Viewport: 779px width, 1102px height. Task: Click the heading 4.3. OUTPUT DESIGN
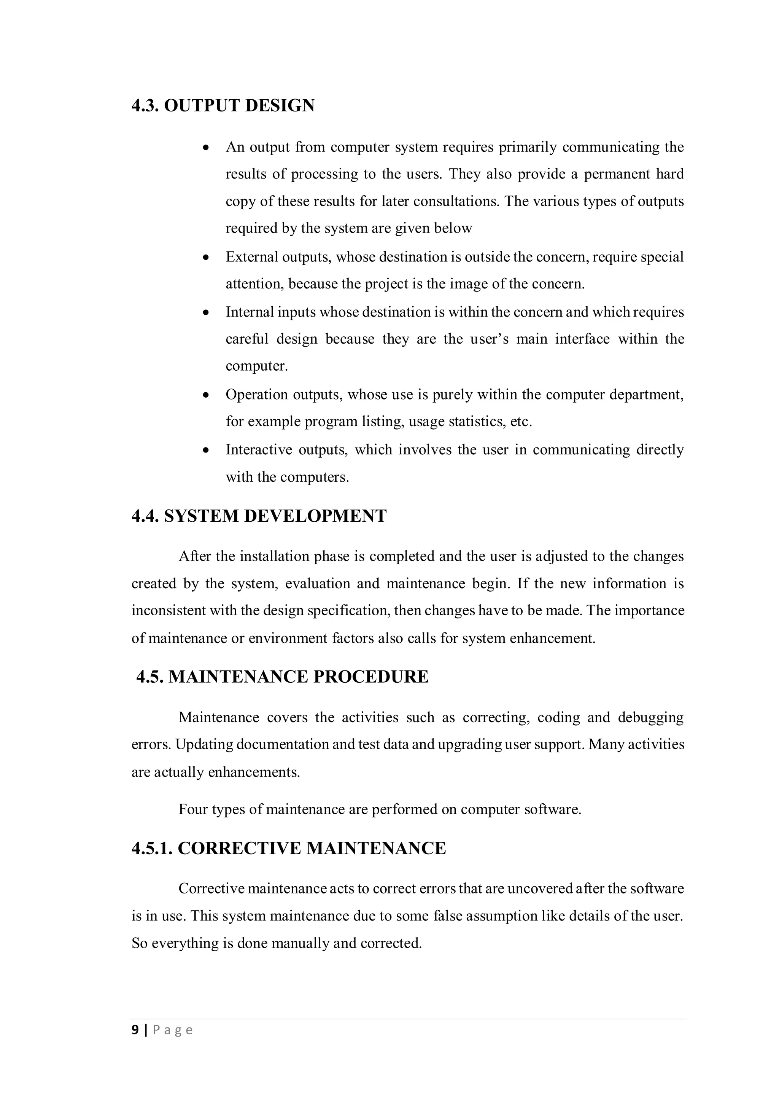pos(223,105)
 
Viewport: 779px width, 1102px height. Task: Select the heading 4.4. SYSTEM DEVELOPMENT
pos(259,516)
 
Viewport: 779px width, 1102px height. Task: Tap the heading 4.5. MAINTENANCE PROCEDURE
pos(282,677)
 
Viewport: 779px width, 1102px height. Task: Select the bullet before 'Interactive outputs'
pos(206,451)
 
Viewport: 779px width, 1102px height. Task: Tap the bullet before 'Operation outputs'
pos(206,395)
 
